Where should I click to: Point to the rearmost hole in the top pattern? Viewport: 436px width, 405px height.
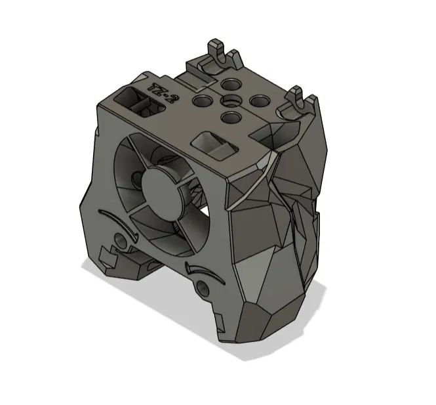click(x=230, y=85)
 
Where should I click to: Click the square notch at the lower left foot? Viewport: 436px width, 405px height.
click(x=105, y=255)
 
